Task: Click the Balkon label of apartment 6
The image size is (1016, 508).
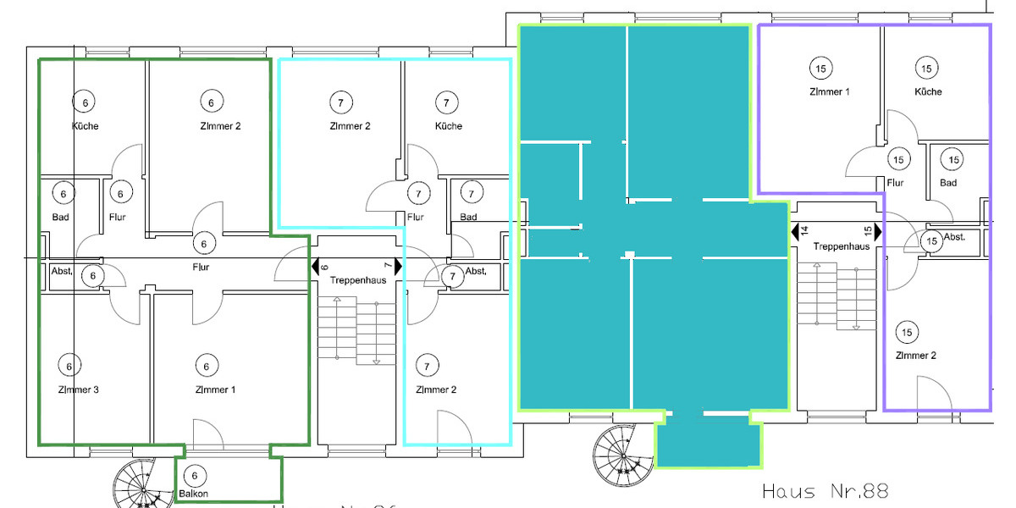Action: click(x=193, y=494)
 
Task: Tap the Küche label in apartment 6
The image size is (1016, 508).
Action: click(x=85, y=126)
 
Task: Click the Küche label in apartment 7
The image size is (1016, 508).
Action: click(x=448, y=126)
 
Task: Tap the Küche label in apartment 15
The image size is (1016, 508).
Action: click(x=927, y=91)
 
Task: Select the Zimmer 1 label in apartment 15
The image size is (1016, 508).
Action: click(x=819, y=91)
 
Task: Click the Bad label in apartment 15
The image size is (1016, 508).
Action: click(x=948, y=183)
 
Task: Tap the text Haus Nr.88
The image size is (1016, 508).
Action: click(x=825, y=491)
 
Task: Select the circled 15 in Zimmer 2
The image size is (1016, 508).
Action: click(x=907, y=332)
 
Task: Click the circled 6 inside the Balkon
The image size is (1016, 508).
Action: click(x=194, y=476)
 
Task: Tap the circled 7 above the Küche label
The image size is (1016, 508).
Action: click(x=446, y=102)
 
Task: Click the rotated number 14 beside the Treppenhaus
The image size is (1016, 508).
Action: click(x=804, y=229)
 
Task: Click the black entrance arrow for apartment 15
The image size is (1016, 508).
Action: click(x=878, y=230)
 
